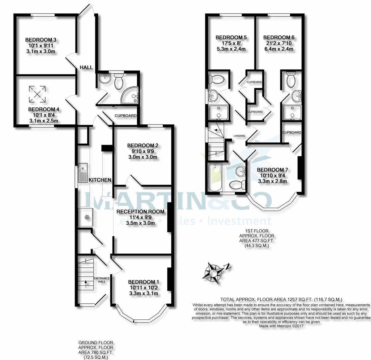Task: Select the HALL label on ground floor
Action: point(86,67)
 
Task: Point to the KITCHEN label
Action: point(100,180)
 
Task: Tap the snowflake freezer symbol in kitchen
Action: point(87,218)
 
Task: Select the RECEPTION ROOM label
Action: point(140,212)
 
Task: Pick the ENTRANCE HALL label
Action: point(102,280)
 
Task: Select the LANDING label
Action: point(239,136)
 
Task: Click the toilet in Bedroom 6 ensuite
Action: point(291,80)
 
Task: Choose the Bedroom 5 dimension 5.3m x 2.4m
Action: point(231,49)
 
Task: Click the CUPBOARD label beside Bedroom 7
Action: point(292,132)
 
